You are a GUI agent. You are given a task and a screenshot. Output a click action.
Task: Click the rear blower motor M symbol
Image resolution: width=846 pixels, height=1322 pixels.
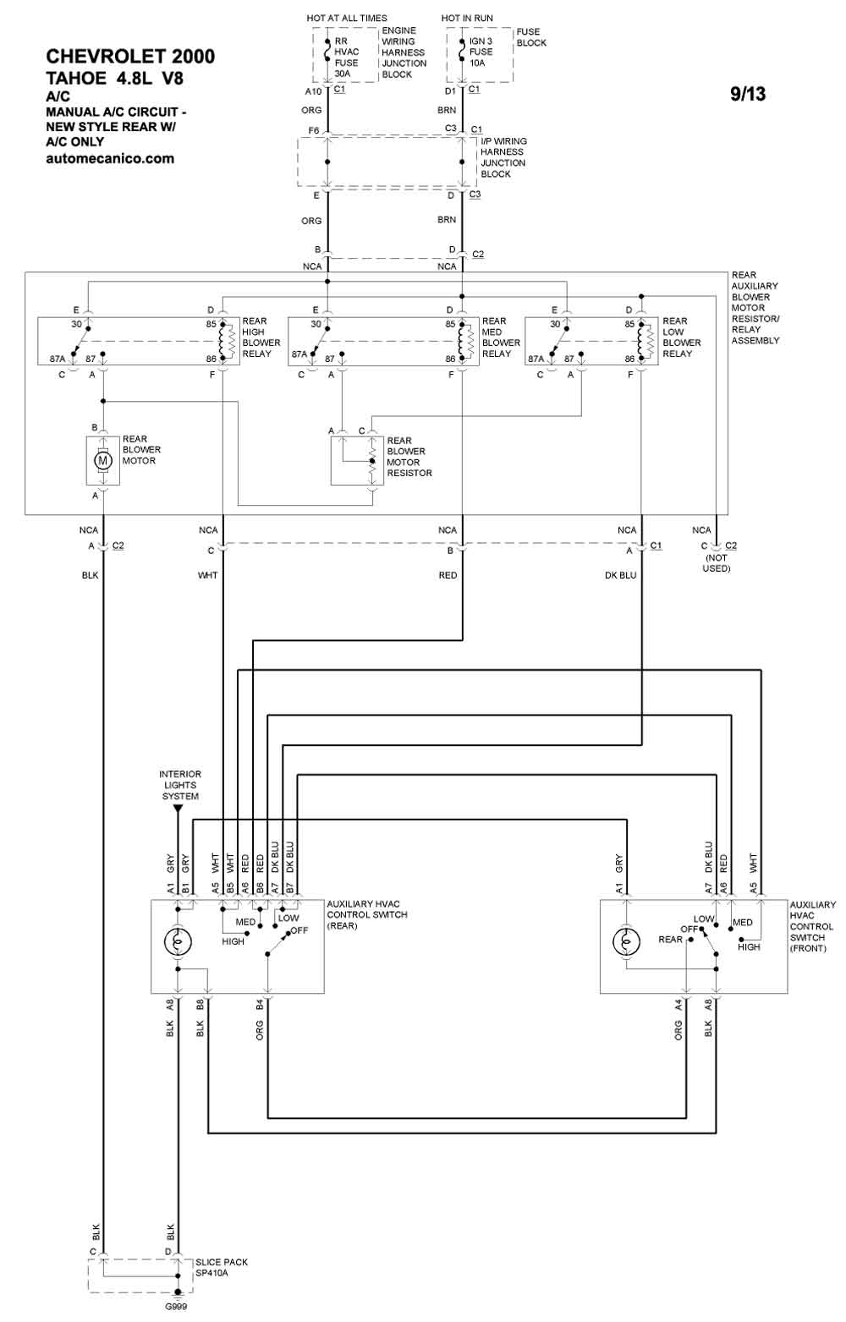[x=103, y=460]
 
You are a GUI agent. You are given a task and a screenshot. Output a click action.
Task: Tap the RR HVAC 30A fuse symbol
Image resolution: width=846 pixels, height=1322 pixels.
[x=327, y=52]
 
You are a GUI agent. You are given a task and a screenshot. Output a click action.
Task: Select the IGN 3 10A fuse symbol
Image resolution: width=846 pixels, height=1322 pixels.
[x=462, y=52]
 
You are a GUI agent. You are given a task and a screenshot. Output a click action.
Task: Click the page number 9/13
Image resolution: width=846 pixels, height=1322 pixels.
[x=748, y=94]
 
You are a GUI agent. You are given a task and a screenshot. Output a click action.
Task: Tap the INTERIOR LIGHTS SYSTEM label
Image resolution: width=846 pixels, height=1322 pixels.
[x=180, y=785]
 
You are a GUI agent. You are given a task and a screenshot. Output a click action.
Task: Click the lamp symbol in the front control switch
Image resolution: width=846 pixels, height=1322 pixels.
[x=626, y=941]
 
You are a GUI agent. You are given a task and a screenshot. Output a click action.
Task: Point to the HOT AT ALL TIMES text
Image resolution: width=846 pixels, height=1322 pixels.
[x=347, y=19]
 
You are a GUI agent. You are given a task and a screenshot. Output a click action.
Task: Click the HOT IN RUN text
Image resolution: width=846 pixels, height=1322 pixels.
[x=467, y=19]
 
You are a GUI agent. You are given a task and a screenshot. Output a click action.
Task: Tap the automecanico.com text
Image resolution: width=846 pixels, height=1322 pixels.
[x=110, y=158]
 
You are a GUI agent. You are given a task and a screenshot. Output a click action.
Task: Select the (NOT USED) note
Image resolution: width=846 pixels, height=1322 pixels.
[x=716, y=563]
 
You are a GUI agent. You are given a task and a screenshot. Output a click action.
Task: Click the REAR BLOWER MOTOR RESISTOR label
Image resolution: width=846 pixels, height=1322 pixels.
[x=409, y=457]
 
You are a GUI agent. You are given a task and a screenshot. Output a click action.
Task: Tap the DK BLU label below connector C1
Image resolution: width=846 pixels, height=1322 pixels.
[x=620, y=575]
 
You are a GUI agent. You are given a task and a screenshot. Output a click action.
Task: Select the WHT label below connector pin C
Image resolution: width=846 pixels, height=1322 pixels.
[x=208, y=575]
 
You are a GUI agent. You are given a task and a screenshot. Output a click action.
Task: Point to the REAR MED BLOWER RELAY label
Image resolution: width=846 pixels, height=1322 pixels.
[x=501, y=337]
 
